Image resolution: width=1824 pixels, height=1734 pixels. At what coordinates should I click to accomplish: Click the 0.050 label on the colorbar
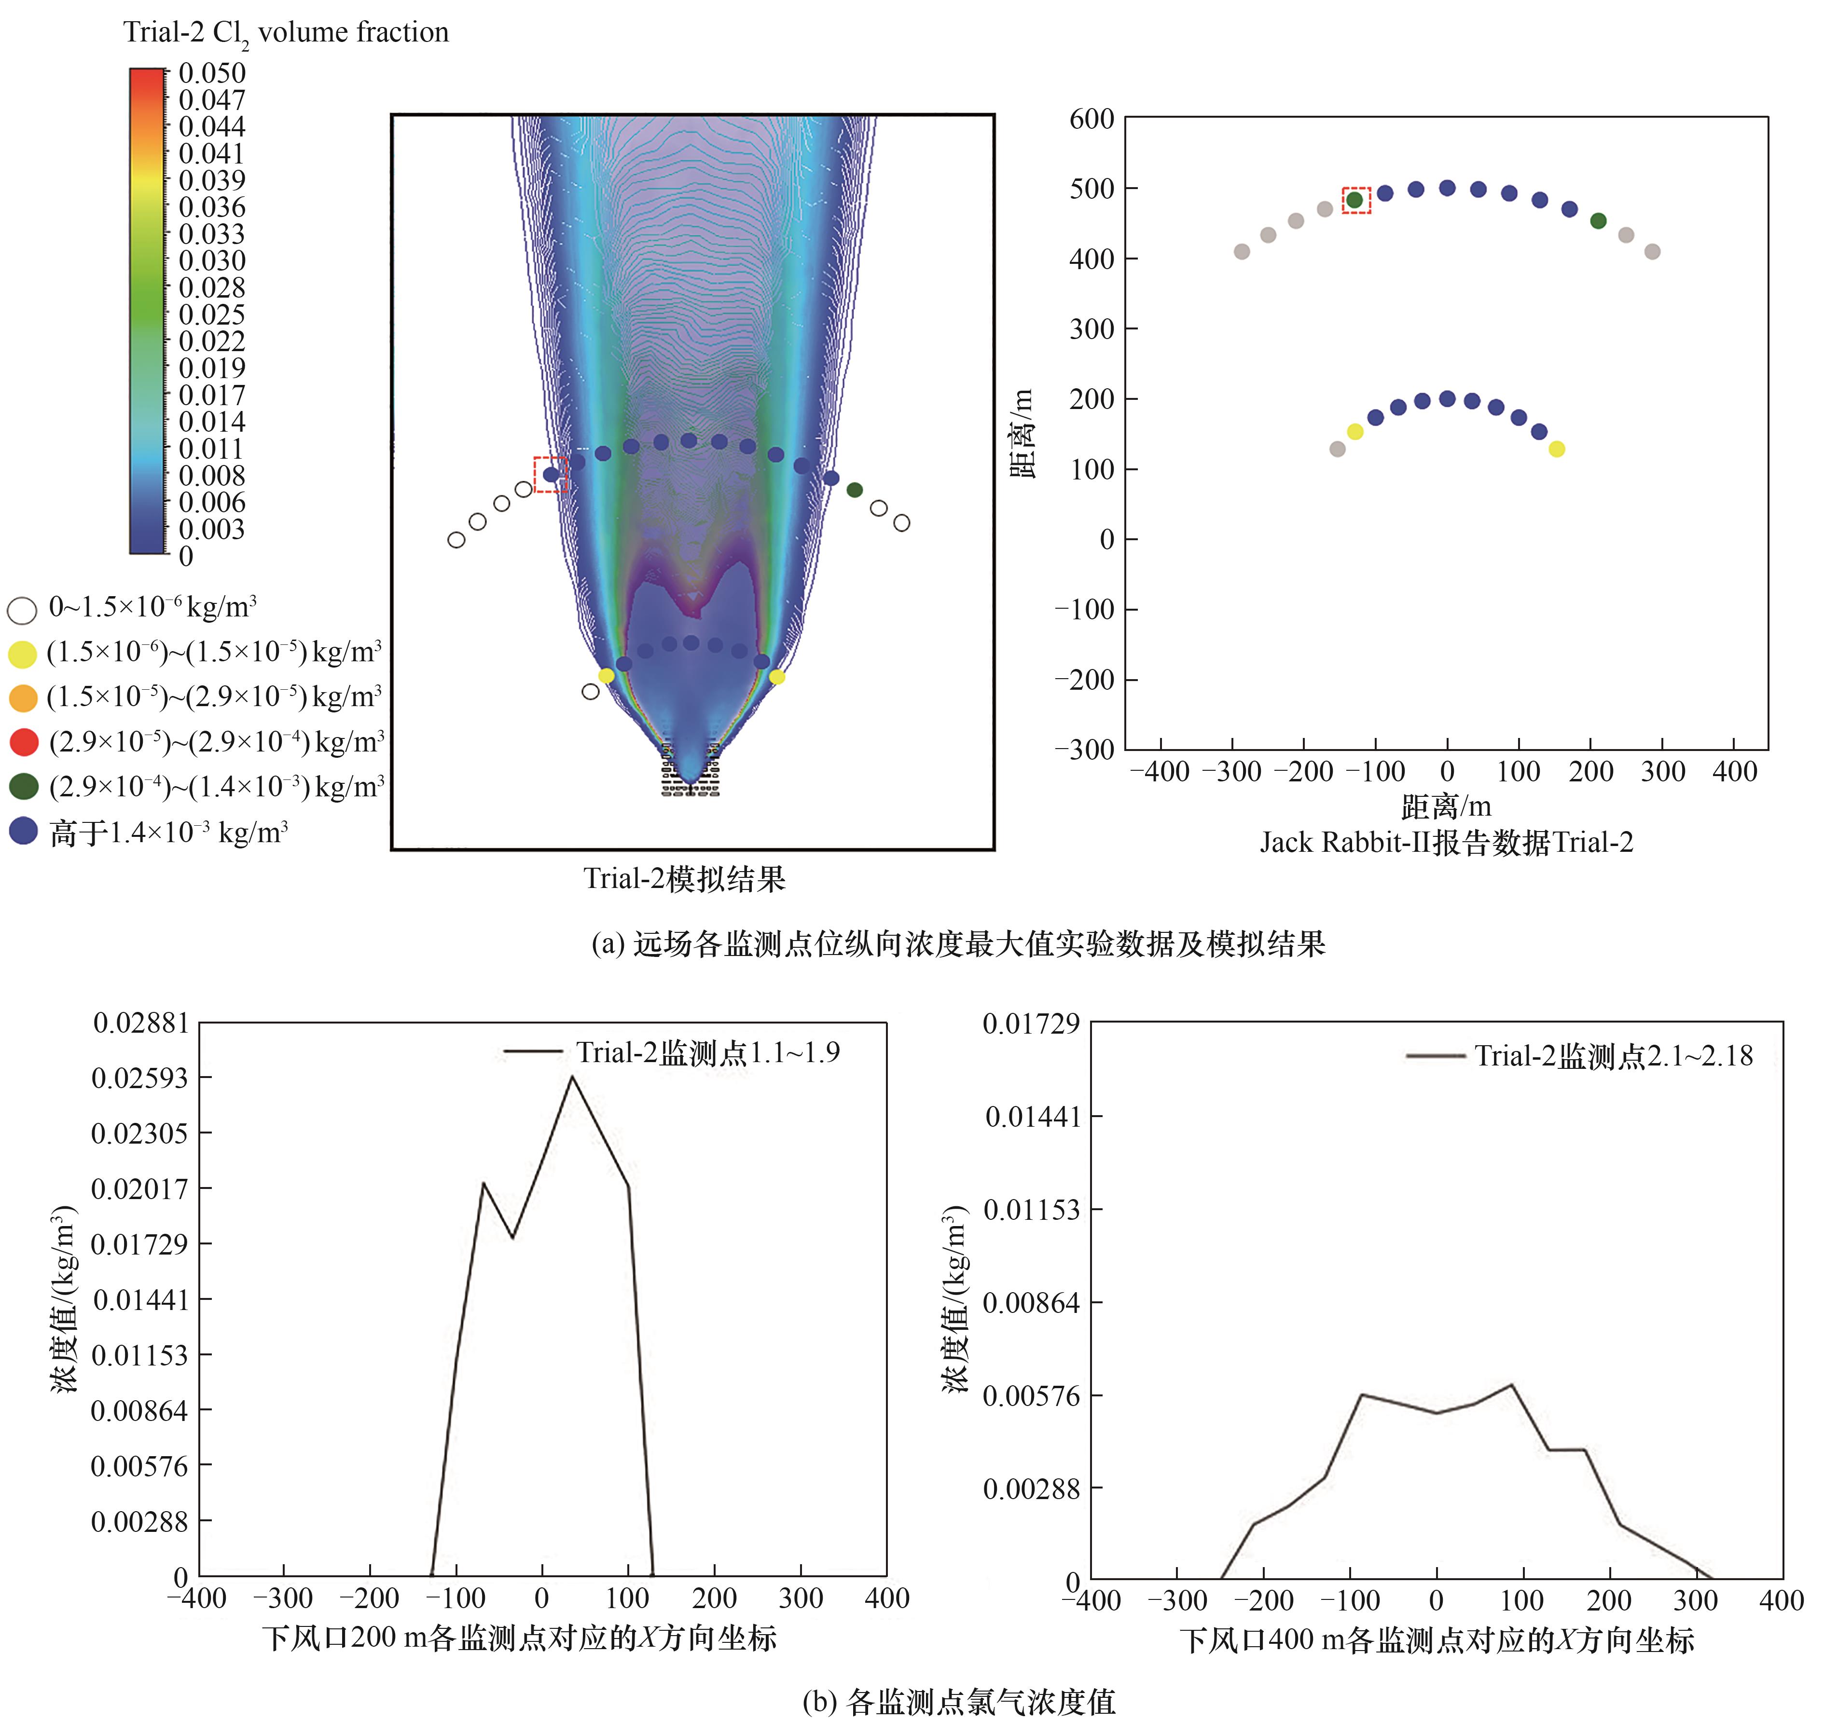click(x=212, y=73)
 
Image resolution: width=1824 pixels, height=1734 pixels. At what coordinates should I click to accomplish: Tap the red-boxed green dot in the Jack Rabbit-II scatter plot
click(x=1354, y=200)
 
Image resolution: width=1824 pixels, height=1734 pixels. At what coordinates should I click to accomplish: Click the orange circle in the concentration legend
click(x=23, y=698)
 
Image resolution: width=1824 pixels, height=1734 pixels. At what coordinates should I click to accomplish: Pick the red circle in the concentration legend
click(x=23, y=742)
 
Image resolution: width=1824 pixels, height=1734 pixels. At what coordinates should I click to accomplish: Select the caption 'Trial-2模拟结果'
click(x=684, y=878)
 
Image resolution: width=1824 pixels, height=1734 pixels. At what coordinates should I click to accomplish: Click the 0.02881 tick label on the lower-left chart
click(x=140, y=1023)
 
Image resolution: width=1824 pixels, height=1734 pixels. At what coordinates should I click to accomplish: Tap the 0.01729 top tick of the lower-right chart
click(x=1031, y=1023)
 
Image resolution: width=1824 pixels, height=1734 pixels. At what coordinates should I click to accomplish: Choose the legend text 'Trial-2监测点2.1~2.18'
click(x=1613, y=1055)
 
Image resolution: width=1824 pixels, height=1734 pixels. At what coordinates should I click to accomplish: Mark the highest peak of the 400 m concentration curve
click(x=1511, y=1385)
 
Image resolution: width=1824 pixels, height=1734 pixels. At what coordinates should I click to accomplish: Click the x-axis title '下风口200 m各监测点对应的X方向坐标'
click(x=519, y=1637)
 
